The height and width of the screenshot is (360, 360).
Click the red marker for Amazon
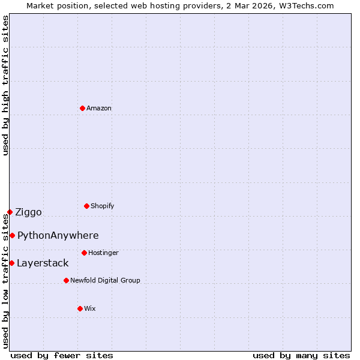pyautogui.click(x=82, y=108)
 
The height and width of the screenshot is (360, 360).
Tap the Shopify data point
pyautogui.click(x=86, y=206)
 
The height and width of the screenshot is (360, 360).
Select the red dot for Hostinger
pyautogui.click(x=84, y=253)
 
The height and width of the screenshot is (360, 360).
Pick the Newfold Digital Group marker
pyautogui.click(x=66, y=280)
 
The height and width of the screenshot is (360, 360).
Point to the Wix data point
pyautogui.click(x=80, y=308)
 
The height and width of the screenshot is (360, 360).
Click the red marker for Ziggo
pyautogui.click(x=10, y=212)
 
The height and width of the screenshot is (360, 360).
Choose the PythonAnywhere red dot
pyautogui.click(x=12, y=235)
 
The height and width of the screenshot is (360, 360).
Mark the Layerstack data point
pyautogui.click(x=11, y=263)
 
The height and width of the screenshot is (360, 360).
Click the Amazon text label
pyautogui.click(x=99, y=108)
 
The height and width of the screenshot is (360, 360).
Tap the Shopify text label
pyautogui.click(x=103, y=206)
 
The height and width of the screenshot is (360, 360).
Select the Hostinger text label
pyautogui.click(x=103, y=253)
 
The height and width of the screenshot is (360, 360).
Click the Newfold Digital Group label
pyautogui.click(x=105, y=280)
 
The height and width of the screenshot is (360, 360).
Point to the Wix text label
pyautogui.click(x=90, y=308)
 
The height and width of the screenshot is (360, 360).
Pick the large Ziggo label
pyautogui.click(x=28, y=212)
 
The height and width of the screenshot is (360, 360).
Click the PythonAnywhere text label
pyautogui.click(x=58, y=235)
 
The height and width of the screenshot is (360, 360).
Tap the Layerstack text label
pyautogui.click(x=43, y=263)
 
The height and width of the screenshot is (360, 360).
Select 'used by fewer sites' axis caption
pyautogui.click(x=62, y=355)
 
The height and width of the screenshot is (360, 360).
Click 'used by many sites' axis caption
pyautogui.click(x=301, y=355)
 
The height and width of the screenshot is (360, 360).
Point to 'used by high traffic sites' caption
pyautogui.click(x=5, y=85)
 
